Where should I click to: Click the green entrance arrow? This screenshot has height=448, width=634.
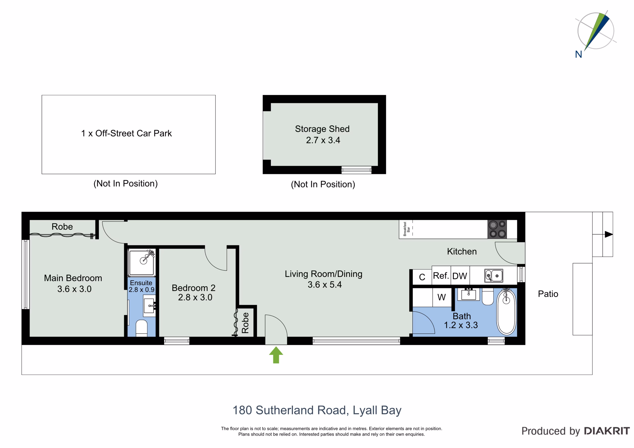coord(276,355)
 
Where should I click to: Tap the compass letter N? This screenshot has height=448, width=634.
coord(579,54)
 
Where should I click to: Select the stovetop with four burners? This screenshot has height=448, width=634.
coord(497,229)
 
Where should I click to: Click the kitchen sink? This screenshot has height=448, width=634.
coord(494,276)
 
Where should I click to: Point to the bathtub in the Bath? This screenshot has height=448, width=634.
coord(506,312)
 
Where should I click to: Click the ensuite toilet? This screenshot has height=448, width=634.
coord(142,328)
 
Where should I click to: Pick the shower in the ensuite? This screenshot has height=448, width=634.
coord(142,263)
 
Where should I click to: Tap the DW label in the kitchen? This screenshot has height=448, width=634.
coord(460,276)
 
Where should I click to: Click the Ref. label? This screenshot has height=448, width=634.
coord(441,276)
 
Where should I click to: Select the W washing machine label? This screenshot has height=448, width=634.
coord(442,297)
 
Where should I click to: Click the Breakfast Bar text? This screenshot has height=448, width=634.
coord(406,229)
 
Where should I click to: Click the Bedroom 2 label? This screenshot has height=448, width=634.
coord(194,288)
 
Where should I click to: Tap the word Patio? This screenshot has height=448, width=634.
coord(548,294)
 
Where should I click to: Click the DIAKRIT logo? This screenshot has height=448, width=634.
coord(607,431)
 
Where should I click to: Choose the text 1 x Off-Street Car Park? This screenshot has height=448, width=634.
coord(127,134)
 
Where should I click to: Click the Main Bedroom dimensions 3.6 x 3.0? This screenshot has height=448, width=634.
coord(74,289)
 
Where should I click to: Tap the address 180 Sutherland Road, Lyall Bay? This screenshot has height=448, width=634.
coord(317,410)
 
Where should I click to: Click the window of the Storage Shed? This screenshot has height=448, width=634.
coord(356,170)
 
